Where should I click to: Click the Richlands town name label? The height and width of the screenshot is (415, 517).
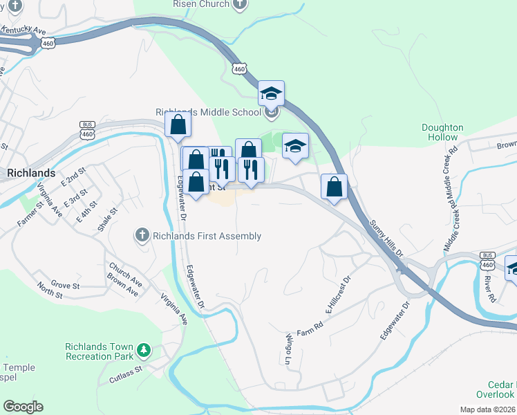(31, 173)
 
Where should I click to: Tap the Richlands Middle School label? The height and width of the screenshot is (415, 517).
(208, 112)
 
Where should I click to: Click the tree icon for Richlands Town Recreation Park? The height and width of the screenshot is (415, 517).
(143, 351)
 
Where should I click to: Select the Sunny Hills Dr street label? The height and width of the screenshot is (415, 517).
(386, 239)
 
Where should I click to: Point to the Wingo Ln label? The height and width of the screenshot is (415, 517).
(289, 348)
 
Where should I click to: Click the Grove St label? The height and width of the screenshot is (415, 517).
(66, 285)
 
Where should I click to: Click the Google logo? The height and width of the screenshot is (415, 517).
(23, 407)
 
